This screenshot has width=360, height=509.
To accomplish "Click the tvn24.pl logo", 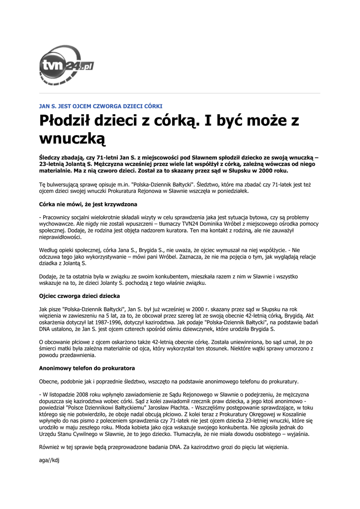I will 66,66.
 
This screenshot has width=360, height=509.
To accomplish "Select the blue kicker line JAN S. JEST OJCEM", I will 100,106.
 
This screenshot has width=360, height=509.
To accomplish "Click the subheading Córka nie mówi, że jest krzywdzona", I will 88,204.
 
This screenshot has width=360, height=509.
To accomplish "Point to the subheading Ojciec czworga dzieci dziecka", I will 79,296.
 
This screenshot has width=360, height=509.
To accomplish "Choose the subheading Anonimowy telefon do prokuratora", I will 87,368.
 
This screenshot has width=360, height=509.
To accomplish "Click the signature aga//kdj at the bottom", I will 49,460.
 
